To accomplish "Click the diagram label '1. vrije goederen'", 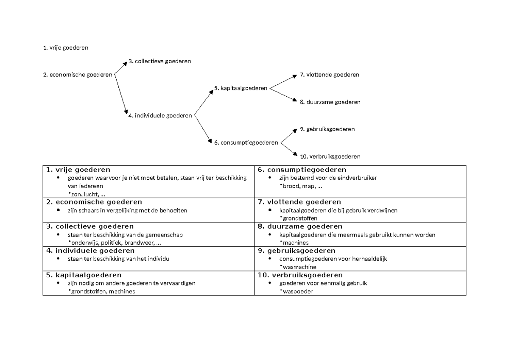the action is click(x=65, y=48).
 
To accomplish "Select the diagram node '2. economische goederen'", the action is click(x=78, y=75).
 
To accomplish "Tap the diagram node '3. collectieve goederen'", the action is click(x=159, y=61).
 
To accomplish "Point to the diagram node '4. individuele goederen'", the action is click(x=160, y=116).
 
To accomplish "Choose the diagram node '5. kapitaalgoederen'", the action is click(x=241, y=89).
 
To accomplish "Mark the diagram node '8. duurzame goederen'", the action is click(x=330, y=102).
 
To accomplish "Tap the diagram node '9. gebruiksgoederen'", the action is click(x=327, y=129).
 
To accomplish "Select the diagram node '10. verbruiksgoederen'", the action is click(x=330, y=156).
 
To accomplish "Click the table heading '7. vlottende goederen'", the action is click(x=299, y=202).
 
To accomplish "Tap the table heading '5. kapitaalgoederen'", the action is click(x=83, y=275).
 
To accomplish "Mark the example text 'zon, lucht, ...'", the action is click(x=88, y=194).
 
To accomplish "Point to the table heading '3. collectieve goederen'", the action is click(x=89, y=226).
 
